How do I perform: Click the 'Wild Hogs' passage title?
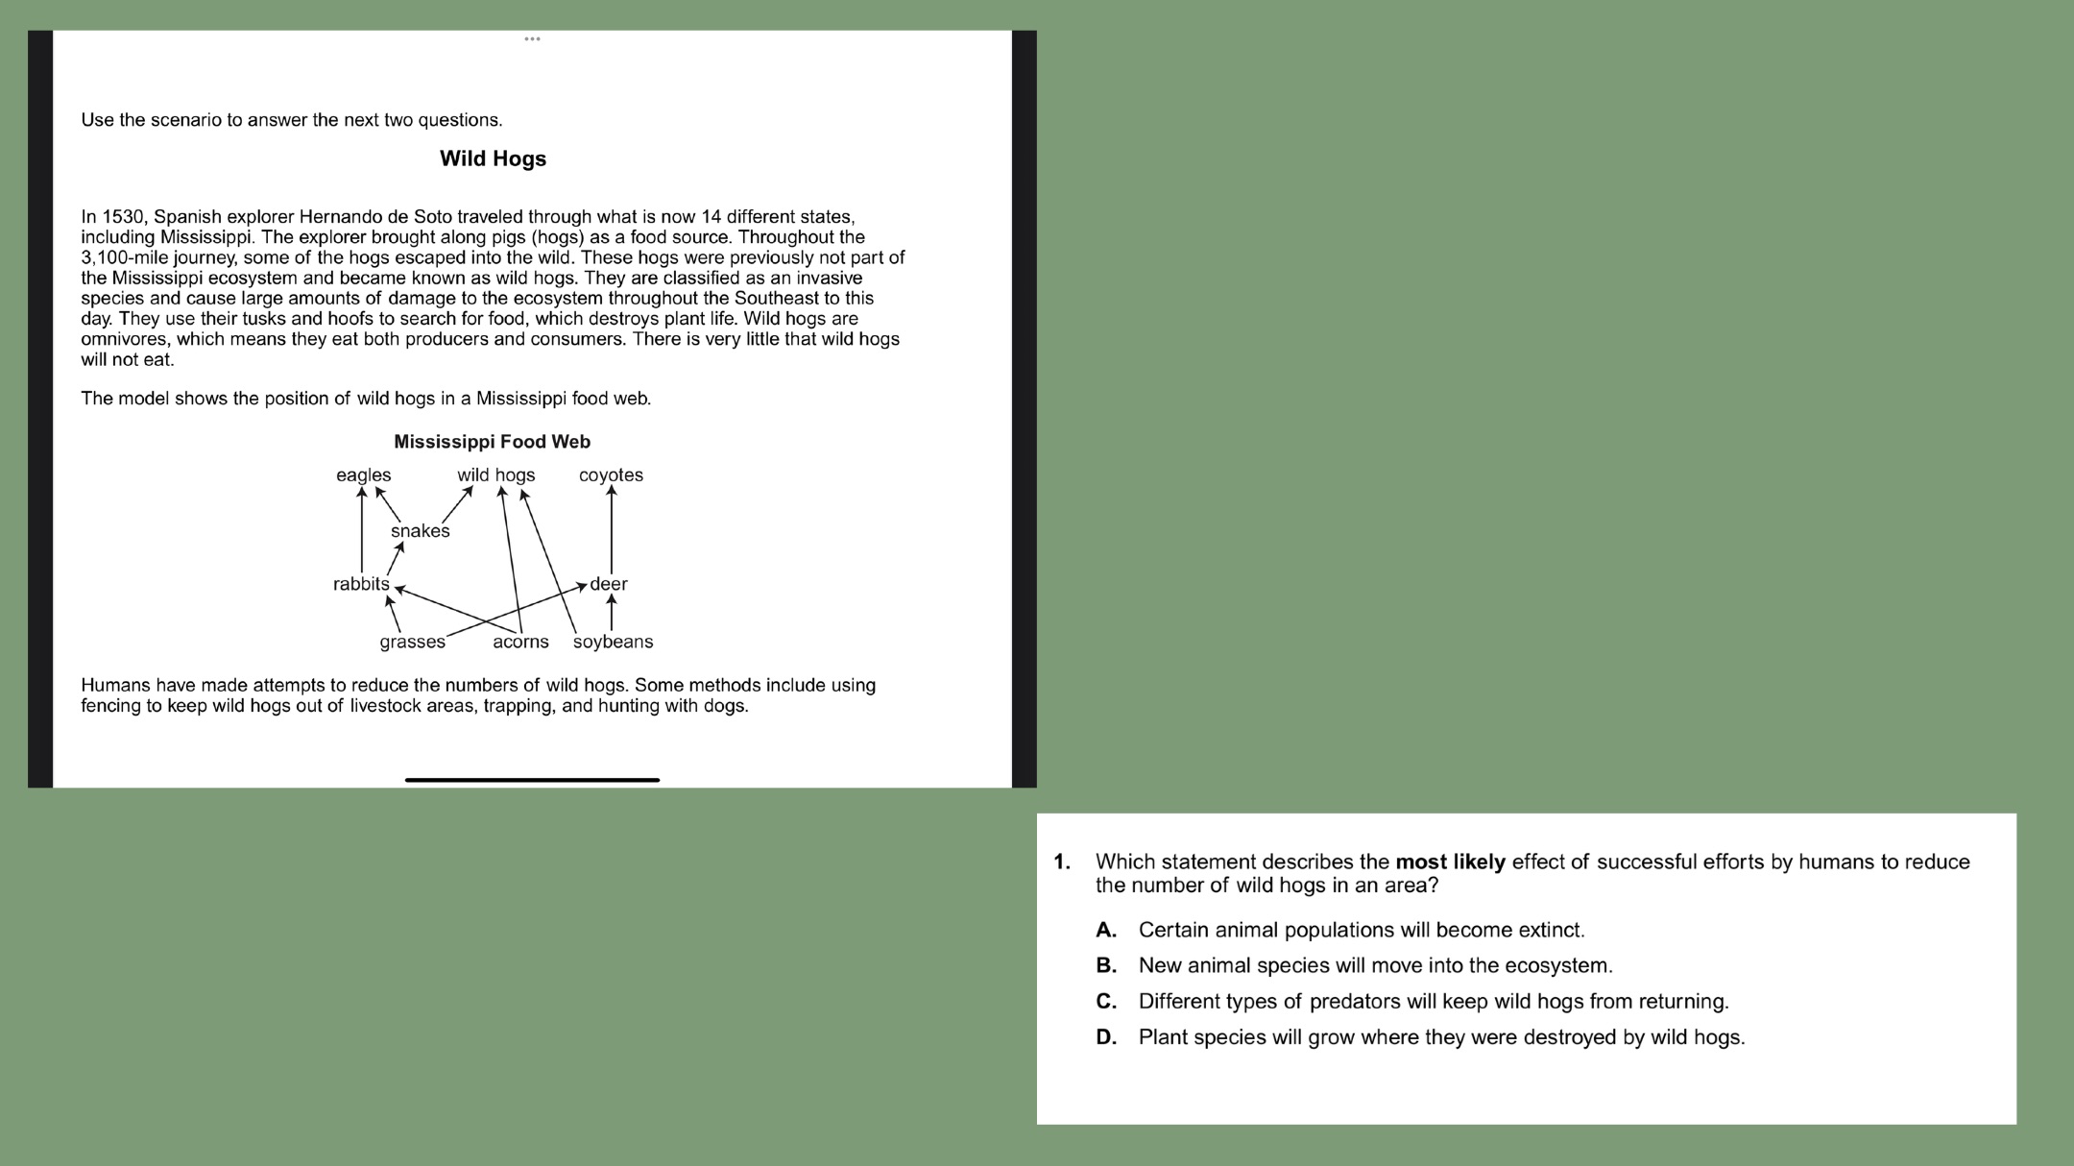click(x=493, y=158)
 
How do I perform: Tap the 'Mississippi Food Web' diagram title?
click(x=492, y=442)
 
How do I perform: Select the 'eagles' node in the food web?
click(x=363, y=475)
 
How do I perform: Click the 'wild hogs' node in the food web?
click(x=495, y=475)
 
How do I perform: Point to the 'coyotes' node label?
click(x=611, y=475)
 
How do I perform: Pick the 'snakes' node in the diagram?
click(x=420, y=531)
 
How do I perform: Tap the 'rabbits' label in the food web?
click(x=361, y=584)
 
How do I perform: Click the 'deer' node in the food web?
click(x=609, y=584)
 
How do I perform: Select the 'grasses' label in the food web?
click(x=412, y=642)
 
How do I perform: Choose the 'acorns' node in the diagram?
click(x=520, y=642)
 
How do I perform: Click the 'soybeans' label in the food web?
click(x=613, y=642)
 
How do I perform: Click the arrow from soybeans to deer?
click(x=612, y=613)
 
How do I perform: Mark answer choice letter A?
click(x=1106, y=930)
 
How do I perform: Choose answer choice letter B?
click(x=1106, y=965)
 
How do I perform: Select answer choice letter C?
click(x=1106, y=1001)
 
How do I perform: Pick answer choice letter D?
click(x=1106, y=1037)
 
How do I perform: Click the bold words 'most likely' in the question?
click(x=1450, y=862)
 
